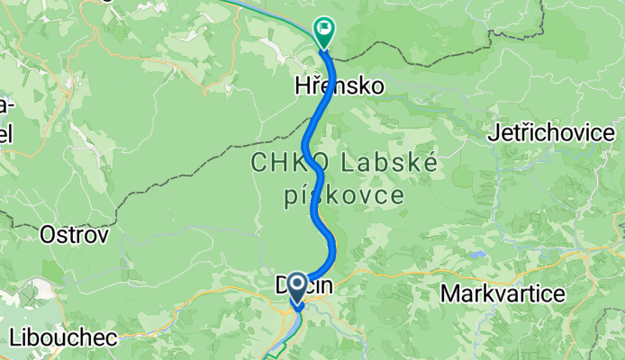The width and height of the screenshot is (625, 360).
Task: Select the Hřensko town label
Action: coord(340,86)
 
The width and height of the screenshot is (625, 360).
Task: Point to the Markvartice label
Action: coord(502,293)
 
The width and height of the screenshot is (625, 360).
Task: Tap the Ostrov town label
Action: coord(74,236)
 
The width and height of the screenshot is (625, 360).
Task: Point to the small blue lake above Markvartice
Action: coord(475,255)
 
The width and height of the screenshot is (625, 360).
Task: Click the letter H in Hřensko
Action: coord(303,86)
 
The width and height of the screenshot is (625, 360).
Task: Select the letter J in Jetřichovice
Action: coord(492,133)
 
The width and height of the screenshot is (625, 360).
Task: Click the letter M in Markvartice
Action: coord(448,293)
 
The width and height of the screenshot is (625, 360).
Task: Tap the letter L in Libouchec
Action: coord(15,338)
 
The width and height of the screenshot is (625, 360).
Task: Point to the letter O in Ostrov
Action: coord(47,236)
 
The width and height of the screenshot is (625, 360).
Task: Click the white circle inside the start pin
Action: coord(297,289)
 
